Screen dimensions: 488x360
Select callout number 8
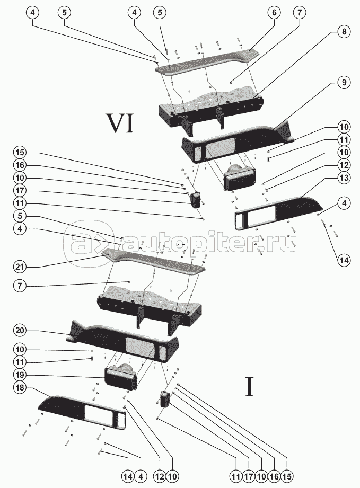tap(343, 32)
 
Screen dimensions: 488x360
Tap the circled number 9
tap(343, 83)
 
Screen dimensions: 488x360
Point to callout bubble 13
tap(343, 178)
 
